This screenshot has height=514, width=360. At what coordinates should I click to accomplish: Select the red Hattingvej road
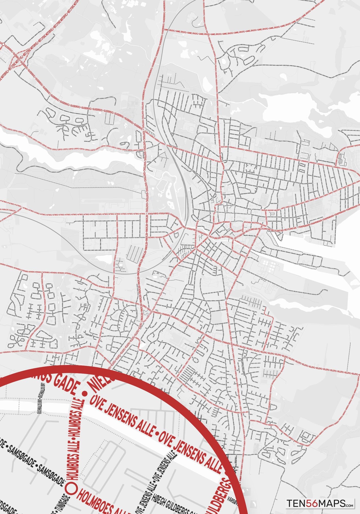[77, 214]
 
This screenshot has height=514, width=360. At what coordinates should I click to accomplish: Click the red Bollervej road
[309, 365]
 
